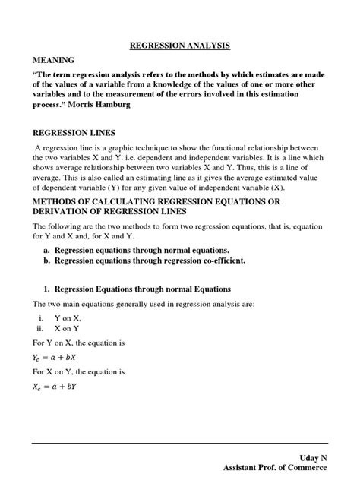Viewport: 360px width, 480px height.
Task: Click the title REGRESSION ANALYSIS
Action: pyautogui.click(x=179, y=46)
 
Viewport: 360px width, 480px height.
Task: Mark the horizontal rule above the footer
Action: pyautogui.click(x=179, y=439)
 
